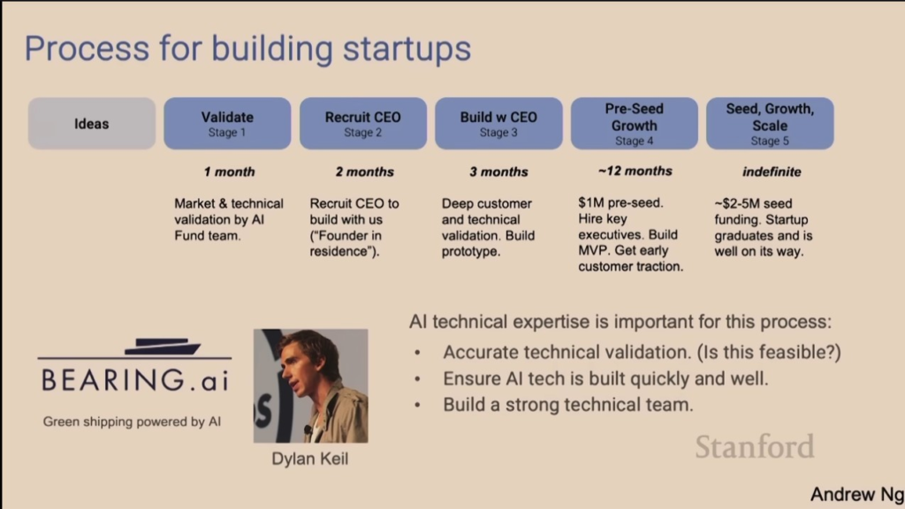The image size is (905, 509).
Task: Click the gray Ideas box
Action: (92, 124)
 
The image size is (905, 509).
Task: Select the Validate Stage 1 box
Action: (227, 124)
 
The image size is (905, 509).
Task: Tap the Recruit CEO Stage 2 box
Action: (363, 124)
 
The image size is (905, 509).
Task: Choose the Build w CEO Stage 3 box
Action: (498, 124)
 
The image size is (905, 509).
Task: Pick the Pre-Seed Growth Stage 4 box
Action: (635, 124)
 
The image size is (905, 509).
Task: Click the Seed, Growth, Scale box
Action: (770, 124)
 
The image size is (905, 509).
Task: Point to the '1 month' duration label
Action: (229, 172)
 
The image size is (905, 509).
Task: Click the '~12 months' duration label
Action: (635, 171)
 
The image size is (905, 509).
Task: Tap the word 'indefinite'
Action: (772, 172)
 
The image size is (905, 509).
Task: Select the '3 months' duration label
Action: (498, 172)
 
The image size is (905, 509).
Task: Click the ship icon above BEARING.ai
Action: (163, 346)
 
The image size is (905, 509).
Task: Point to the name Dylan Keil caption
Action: (310, 459)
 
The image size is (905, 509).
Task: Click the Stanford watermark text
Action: (755, 446)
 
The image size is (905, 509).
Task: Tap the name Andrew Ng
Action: (857, 495)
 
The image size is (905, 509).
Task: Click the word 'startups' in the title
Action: (407, 49)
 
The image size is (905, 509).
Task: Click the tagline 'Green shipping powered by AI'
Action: (132, 422)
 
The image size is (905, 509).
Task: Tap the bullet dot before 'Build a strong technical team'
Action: (417, 405)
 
